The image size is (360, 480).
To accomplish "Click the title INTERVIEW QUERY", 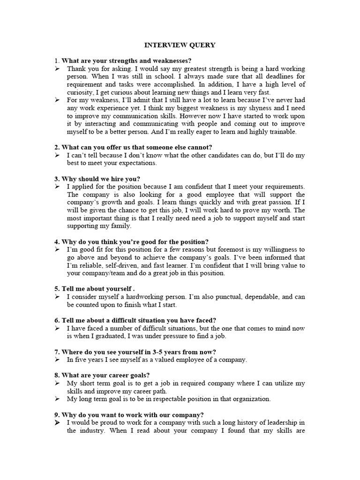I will point(180,45).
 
